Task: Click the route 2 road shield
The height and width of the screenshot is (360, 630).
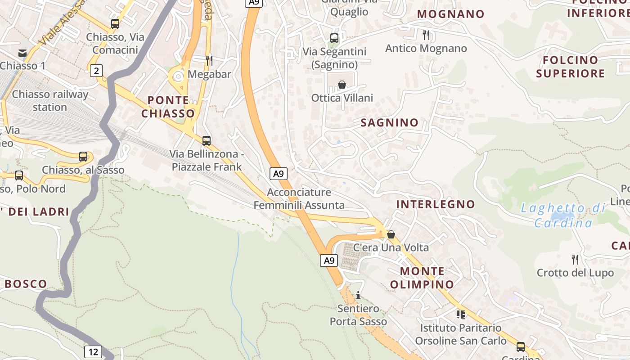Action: click(x=96, y=70)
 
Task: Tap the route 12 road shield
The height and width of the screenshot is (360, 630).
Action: click(x=93, y=351)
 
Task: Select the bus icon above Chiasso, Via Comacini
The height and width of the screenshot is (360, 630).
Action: click(x=115, y=24)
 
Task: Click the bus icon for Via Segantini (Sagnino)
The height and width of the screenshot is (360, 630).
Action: click(x=334, y=38)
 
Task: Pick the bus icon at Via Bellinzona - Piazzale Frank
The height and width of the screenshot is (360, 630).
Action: click(x=207, y=141)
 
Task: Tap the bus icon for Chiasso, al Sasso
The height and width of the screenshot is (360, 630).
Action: click(x=83, y=157)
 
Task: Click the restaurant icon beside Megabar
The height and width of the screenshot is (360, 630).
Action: click(x=209, y=60)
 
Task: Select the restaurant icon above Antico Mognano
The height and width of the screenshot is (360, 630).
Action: click(x=426, y=35)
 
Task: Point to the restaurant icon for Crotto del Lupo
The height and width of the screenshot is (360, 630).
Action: click(x=575, y=259)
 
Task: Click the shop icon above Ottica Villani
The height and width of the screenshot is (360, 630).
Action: click(x=342, y=84)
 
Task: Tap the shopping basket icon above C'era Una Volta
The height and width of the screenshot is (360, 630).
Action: click(x=391, y=234)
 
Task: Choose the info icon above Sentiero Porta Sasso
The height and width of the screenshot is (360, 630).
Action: click(x=358, y=295)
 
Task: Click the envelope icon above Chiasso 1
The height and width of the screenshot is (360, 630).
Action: click(x=22, y=53)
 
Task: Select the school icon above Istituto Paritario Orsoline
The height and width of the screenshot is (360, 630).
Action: click(x=460, y=314)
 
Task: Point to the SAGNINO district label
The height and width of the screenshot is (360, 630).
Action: click(x=390, y=122)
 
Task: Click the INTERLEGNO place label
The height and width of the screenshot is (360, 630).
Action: click(x=435, y=204)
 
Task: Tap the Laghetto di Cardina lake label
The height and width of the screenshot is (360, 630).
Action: click(x=563, y=215)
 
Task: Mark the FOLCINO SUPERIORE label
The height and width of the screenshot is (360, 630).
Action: click(x=570, y=67)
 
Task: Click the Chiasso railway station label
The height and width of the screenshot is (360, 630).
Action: click(x=50, y=101)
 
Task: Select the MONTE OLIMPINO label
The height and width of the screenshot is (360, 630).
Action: click(x=422, y=278)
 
